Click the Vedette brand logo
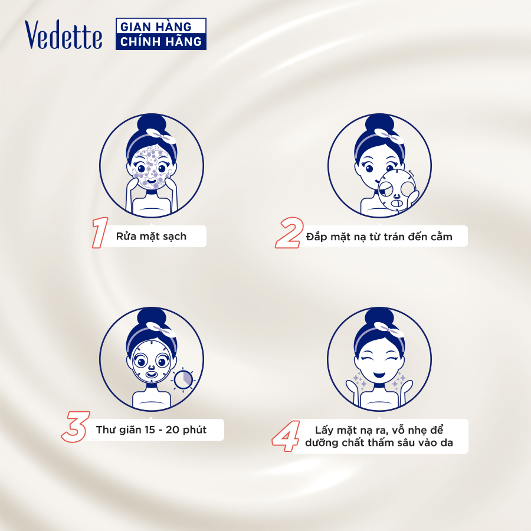tap(63, 35)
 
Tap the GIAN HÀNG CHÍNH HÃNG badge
tap(161, 34)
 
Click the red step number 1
tap(100, 232)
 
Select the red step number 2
tap(289, 232)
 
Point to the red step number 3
tap(76, 427)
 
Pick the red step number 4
tap(286, 436)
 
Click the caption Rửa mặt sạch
tap(151, 236)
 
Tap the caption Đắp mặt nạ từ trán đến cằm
tap(379, 237)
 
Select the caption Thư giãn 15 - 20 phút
tap(151, 430)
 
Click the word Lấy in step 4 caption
tap(324, 430)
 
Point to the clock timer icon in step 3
tap(183, 379)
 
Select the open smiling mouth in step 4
tap(379, 375)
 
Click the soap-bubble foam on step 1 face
tap(150, 167)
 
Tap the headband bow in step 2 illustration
tap(389, 135)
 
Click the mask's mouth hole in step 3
tap(152, 375)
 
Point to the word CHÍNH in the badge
tap(139, 41)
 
